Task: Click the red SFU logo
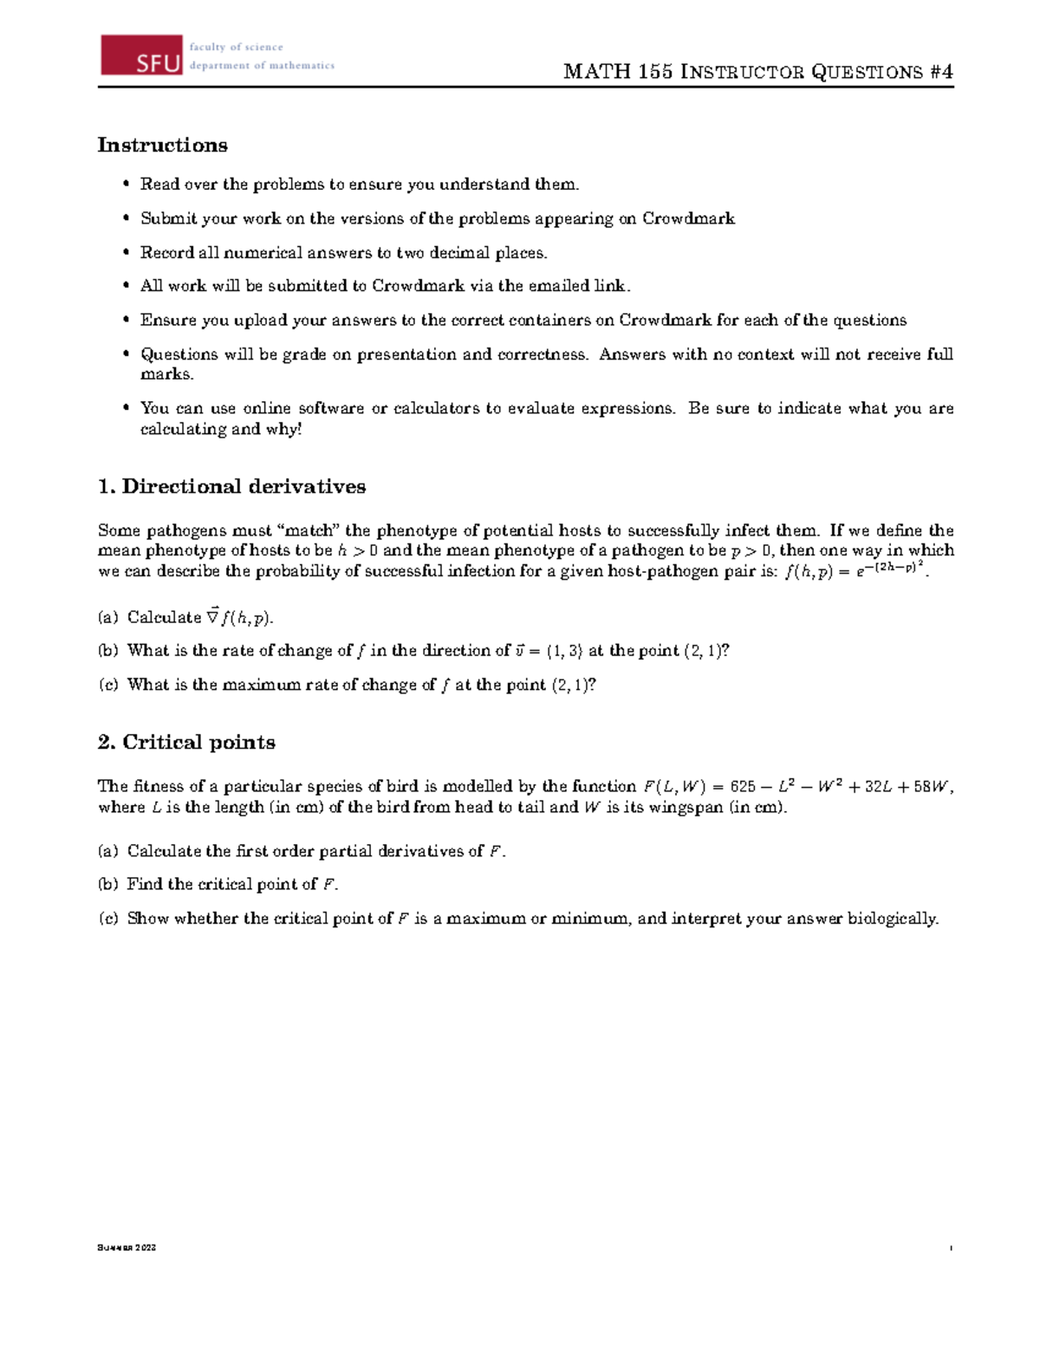point(141,55)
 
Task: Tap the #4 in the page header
point(941,72)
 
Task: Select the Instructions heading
point(162,145)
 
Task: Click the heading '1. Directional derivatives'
point(231,486)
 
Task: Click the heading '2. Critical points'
point(186,742)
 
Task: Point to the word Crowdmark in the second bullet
point(688,218)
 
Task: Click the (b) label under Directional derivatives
point(107,651)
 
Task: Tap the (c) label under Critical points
point(107,919)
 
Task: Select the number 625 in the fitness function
point(743,787)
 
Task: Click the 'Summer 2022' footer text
point(127,1248)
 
